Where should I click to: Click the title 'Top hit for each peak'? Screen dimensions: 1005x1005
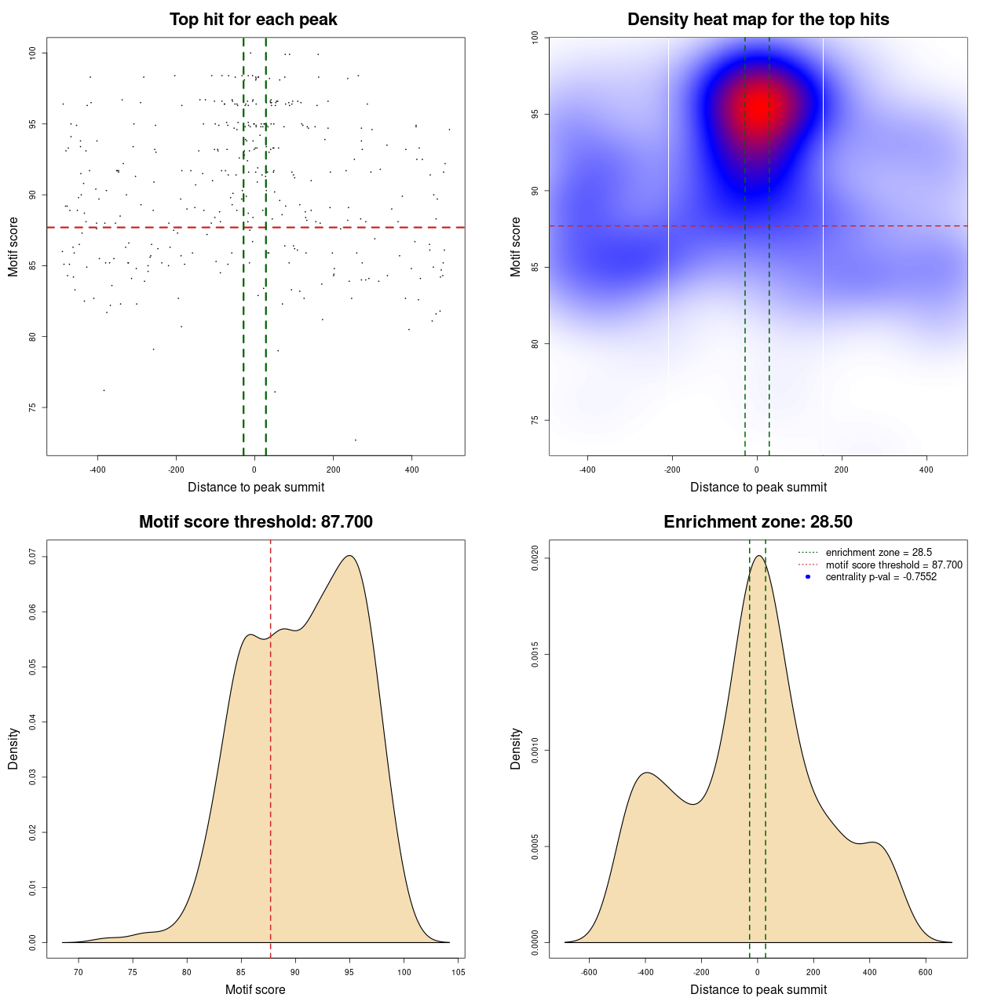[253, 20]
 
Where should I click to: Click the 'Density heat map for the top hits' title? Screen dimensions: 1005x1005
[758, 20]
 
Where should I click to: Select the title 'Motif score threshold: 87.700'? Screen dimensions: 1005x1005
[255, 522]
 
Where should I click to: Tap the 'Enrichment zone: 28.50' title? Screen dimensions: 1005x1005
[758, 522]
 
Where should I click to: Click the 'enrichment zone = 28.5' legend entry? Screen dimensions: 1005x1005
[879, 553]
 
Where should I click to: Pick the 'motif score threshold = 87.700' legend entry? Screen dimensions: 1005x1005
[894, 565]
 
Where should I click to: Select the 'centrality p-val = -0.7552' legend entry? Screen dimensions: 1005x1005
[881, 577]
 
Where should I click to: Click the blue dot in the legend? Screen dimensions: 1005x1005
[808, 577]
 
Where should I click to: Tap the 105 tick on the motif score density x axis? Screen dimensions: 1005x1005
[459, 972]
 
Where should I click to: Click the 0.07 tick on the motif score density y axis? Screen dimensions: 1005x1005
[32, 557]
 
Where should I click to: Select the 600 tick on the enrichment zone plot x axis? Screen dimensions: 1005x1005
[926, 972]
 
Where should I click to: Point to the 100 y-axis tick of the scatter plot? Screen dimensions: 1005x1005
[32, 53]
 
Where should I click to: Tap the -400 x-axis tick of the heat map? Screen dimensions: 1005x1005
[587, 470]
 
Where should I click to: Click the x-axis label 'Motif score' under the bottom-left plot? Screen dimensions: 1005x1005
[255, 989]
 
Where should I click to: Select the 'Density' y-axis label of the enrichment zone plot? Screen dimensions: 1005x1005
[516, 748]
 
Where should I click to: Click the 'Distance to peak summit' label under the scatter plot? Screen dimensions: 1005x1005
[256, 487]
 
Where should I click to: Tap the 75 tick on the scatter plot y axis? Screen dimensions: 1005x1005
[32, 407]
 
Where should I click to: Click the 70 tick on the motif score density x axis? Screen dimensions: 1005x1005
[79, 972]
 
